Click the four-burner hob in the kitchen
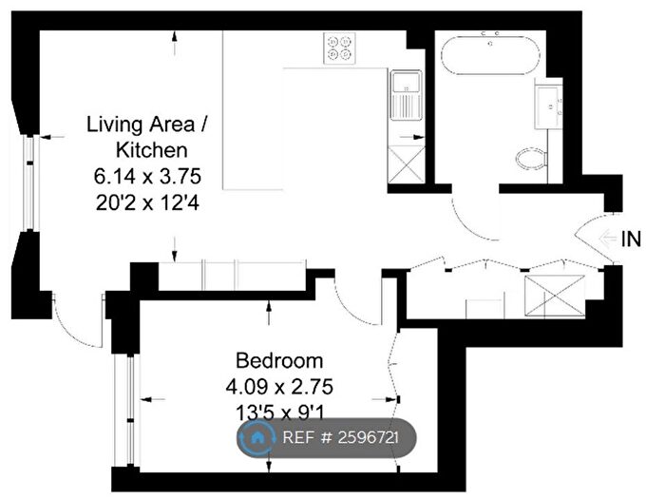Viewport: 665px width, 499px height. [x=338, y=47]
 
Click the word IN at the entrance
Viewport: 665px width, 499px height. [x=631, y=240]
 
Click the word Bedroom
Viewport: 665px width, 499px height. [x=279, y=361]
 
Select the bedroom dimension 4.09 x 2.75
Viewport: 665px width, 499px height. [x=279, y=387]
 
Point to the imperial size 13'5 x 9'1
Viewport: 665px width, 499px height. [x=279, y=413]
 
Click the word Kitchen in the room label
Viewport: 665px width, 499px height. [x=151, y=149]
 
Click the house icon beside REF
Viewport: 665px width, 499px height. [x=257, y=438]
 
